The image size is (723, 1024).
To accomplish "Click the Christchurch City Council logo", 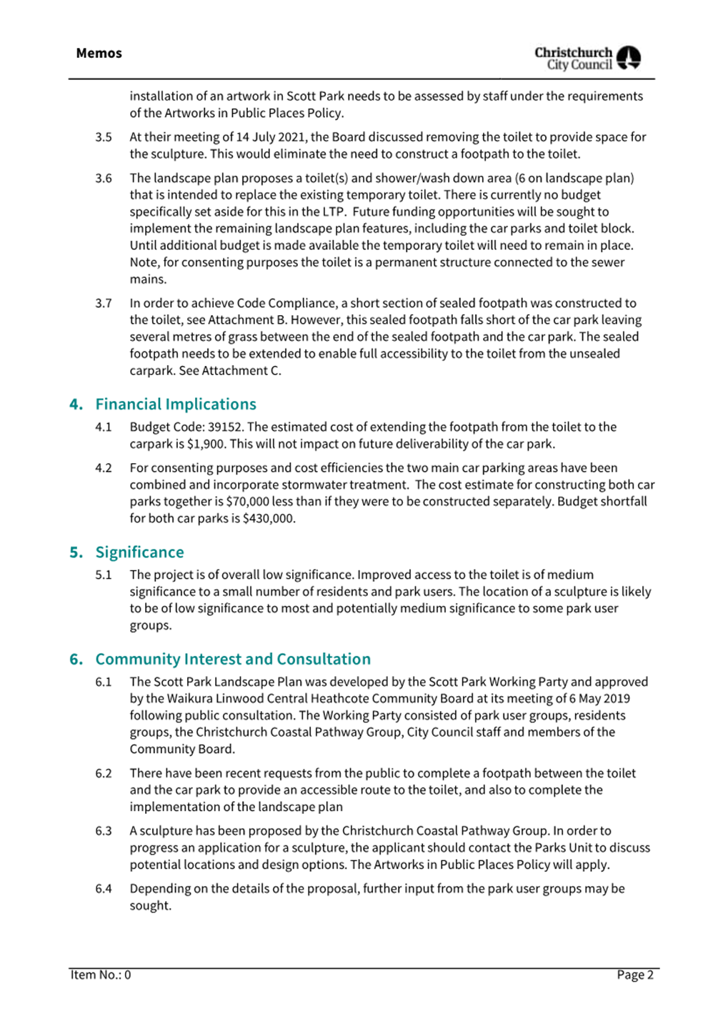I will click(587, 58).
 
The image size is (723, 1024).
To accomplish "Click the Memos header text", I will click(99, 54).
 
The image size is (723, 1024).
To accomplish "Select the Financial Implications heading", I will click(175, 404).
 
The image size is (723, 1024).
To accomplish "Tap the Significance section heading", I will click(139, 552).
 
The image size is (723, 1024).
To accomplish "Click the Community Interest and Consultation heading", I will click(233, 659).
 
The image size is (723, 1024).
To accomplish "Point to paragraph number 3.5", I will click(104, 137).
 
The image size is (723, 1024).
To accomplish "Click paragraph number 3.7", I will click(104, 304).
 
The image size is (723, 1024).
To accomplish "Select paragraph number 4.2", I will click(104, 468).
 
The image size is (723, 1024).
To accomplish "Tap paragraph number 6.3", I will click(104, 831).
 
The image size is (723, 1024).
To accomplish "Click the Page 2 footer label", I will click(635, 975).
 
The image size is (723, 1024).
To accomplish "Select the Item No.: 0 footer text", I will click(101, 975).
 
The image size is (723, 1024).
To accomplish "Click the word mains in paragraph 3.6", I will click(148, 279).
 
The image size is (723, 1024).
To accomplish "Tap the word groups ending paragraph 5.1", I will click(150, 625).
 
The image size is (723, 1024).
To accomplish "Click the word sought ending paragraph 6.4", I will click(150, 905).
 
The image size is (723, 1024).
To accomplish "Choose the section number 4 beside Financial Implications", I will click(76, 404).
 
